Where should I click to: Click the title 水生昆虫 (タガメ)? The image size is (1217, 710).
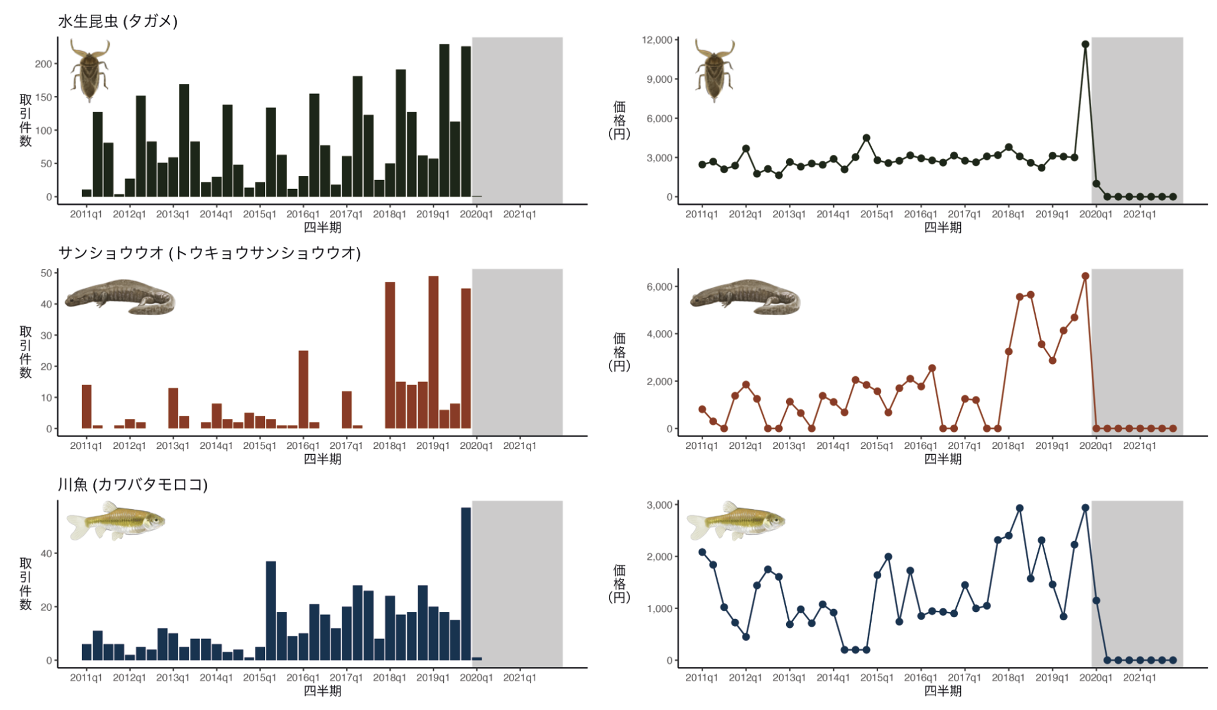117,21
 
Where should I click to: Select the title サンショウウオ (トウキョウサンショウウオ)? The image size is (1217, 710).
209,253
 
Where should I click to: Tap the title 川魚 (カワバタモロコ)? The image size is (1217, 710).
132,484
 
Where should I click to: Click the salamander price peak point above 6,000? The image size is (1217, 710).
1085,276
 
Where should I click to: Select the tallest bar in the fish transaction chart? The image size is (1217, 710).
466,583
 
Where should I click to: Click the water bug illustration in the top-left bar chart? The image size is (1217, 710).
90,70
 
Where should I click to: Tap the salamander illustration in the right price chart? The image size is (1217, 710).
745,297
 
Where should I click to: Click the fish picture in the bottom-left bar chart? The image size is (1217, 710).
116,520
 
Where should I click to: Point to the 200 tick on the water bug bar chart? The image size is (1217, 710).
43,64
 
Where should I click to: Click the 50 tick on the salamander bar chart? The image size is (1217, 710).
46,273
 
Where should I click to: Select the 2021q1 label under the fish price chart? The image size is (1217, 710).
1139,678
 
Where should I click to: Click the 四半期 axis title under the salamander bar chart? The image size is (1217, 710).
322,459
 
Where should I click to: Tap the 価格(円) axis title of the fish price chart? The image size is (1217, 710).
619,584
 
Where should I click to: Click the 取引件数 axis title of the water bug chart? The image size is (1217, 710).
25,120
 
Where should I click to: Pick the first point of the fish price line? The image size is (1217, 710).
702,552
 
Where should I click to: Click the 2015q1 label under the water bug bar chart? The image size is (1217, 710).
260,214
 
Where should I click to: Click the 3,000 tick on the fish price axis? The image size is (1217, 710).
659,505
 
